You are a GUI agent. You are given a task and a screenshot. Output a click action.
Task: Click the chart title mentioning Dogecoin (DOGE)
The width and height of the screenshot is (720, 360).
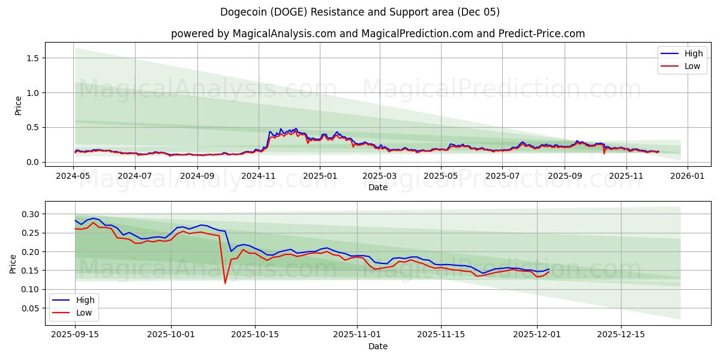point(360,12)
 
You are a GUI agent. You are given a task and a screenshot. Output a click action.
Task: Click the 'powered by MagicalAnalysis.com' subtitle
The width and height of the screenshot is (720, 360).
point(377,34)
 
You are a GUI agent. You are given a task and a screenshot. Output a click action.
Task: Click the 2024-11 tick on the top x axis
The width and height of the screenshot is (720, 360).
point(259,176)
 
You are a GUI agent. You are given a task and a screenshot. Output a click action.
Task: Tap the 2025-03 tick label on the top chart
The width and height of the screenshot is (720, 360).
point(380,176)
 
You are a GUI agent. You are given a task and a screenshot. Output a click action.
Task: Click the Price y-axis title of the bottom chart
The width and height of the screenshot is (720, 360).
point(13,264)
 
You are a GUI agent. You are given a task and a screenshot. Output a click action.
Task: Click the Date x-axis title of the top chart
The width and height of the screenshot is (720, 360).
point(377,187)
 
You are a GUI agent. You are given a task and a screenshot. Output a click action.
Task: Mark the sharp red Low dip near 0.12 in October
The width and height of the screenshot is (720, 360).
point(225,283)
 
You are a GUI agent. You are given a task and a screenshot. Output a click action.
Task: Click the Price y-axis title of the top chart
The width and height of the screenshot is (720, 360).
point(18,105)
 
